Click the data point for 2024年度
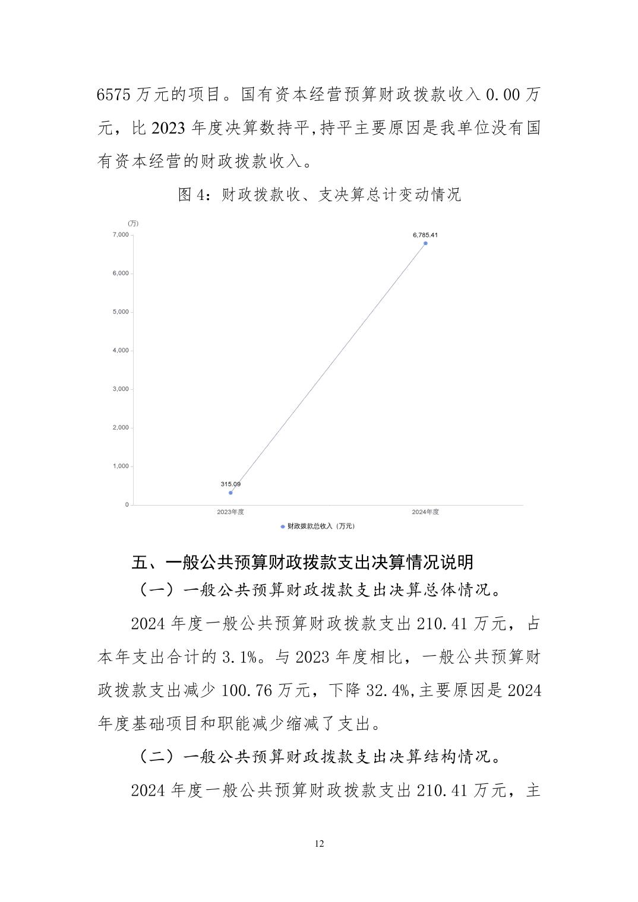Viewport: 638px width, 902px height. pyautogui.click(x=425, y=243)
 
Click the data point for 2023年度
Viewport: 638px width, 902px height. pyautogui.click(x=230, y=493)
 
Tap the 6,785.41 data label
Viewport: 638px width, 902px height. pyautogui.click(x=425, y=235)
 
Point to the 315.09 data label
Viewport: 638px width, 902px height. pyautogui.click(x=230, y=484)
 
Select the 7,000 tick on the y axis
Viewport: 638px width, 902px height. pyautogui.click(x=120, y=235)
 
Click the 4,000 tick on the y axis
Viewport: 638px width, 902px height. pyautogui.click(x=120, y=351)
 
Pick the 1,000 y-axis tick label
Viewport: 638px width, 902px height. pyautogui.click(x=120, y=466)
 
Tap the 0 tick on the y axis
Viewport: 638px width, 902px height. pyautogui.click(x=127, y=505)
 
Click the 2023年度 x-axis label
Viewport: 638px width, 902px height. pyautogui.click(x=230, y=512)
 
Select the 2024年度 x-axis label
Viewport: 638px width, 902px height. pyautogui.click(x=425, y=512)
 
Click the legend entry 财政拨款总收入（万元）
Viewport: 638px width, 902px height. pyautogui.click(x=318, y=526)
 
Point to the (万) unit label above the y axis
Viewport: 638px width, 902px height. pyautogui.click(x=133, y=223)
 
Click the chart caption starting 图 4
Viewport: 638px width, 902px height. pyautogui.click(x=319, y=195)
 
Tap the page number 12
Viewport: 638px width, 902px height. pyautogui.click(x=320, y=844)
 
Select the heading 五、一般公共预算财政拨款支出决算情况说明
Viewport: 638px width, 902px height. pyautogui.click(x=302, y=562)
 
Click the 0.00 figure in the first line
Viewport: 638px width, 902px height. pyautogui.click(x=503, y=95)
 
